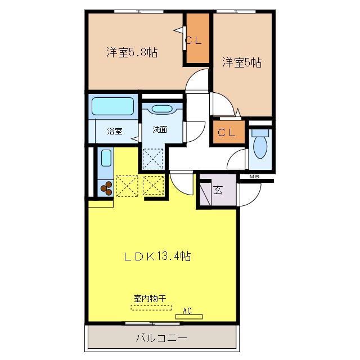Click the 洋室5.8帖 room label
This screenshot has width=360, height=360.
point(132,53)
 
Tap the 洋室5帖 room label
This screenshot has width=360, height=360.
point(241,62)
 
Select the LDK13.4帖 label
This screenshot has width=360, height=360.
point(157,256)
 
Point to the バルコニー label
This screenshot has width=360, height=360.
point(161,339)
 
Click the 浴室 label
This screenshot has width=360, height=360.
point(115,131)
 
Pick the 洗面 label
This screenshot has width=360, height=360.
point(160,129)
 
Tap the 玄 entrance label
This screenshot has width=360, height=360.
point(218,189)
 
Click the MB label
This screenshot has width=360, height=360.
point(254,177)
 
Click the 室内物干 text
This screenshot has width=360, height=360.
point(150,299)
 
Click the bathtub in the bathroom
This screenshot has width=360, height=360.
point(112,106)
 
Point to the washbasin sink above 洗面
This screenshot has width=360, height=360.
point(163,110)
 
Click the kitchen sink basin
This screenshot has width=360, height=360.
point(106,157)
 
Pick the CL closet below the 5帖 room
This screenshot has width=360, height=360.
point(228,133)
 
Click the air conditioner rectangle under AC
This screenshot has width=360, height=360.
point(189,317)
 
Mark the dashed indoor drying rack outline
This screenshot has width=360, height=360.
point(150,307)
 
